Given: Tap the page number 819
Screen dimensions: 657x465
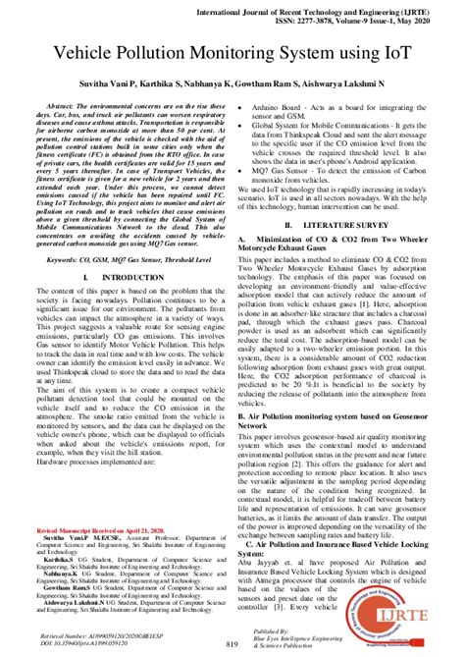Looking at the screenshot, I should (x=232, y=642).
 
